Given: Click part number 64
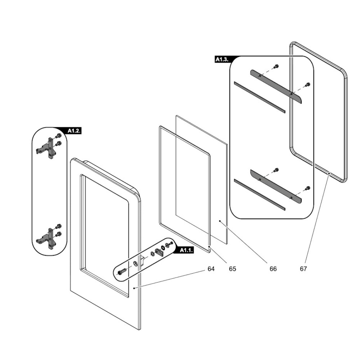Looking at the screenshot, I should click(211, 269).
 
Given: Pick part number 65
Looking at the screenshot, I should click(233, 269).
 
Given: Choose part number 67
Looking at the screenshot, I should click(303, 269).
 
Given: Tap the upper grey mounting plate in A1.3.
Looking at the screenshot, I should click(276, 86).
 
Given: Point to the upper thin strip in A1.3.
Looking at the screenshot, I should click(259, 96).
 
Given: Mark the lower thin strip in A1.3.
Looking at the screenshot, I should click(259, 194).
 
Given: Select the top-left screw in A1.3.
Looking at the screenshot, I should click(276, 67).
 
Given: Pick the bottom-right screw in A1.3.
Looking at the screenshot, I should click(308, 188).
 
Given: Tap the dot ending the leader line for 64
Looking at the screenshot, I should click(134, 288).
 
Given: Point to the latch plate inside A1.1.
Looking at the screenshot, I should click(159, 252).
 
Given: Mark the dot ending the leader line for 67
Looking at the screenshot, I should click(329, 173).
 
